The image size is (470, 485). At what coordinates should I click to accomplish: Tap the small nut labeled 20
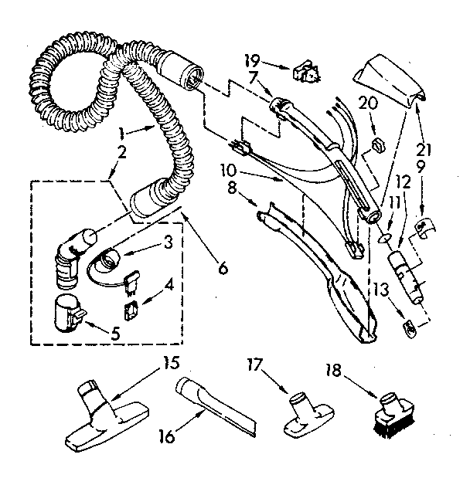(x=379, y=144)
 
